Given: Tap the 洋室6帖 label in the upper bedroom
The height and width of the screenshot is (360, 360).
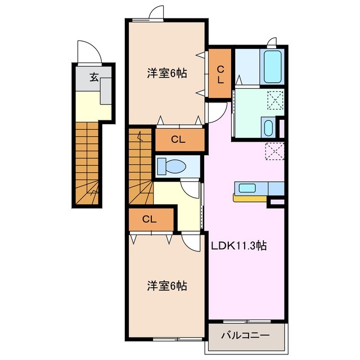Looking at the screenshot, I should tap(167, 73).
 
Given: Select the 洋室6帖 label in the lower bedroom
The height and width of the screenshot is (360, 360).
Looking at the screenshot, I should tap(167, 286).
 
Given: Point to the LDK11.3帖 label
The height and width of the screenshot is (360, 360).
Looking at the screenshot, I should tap(239, 246).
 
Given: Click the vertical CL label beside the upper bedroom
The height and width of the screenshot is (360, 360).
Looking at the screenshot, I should tap(220, 74).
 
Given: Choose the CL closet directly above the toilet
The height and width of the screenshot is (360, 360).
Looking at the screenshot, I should tap(179, 140).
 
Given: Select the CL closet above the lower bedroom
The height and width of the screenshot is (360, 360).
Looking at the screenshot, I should tap(150, 219).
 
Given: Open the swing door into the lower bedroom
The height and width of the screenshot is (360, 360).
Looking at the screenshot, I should tap(192, 242).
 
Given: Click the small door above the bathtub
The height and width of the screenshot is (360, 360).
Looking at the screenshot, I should tap(272, 41).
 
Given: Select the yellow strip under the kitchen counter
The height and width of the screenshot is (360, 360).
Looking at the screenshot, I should tap(250, 198).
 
